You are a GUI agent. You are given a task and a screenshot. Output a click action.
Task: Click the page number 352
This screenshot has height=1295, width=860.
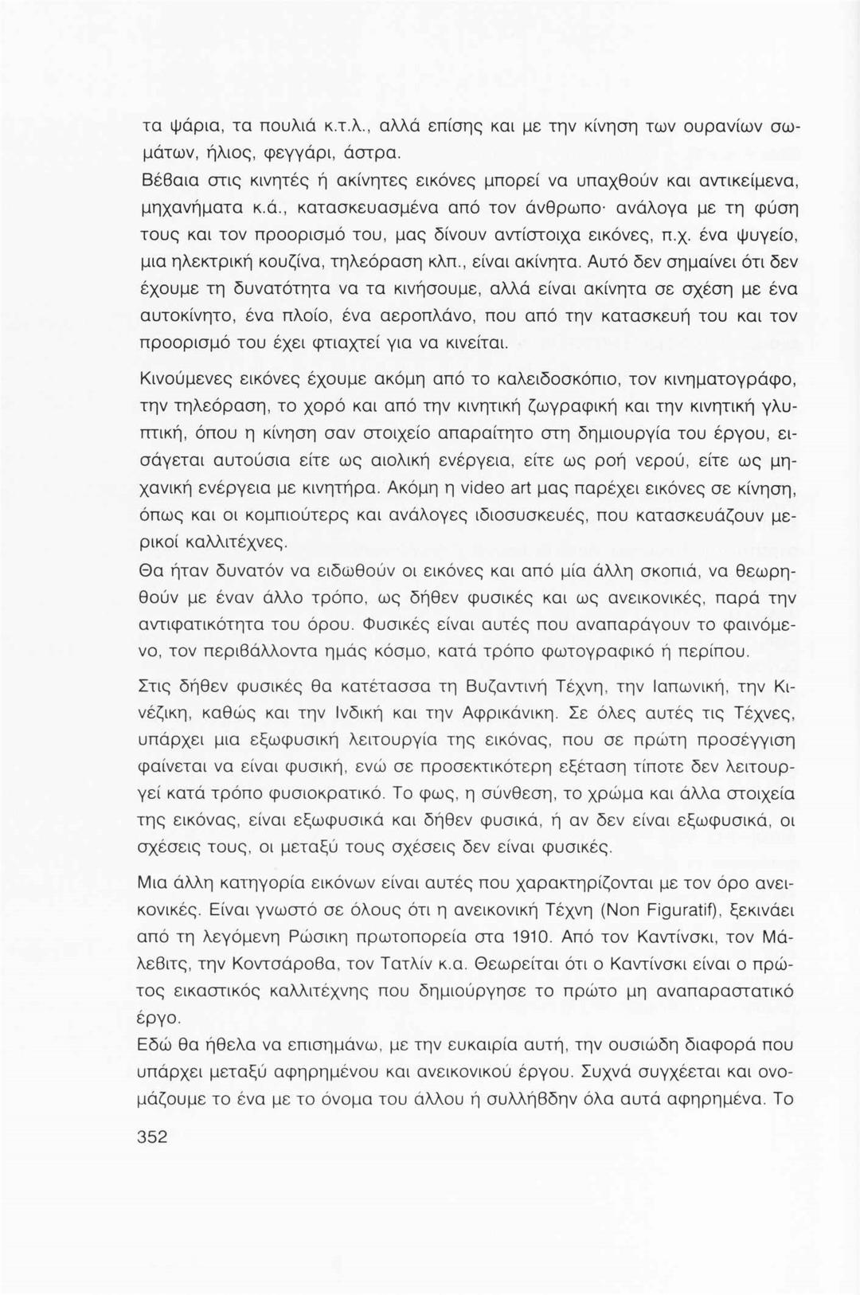(x=152, y=1137)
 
